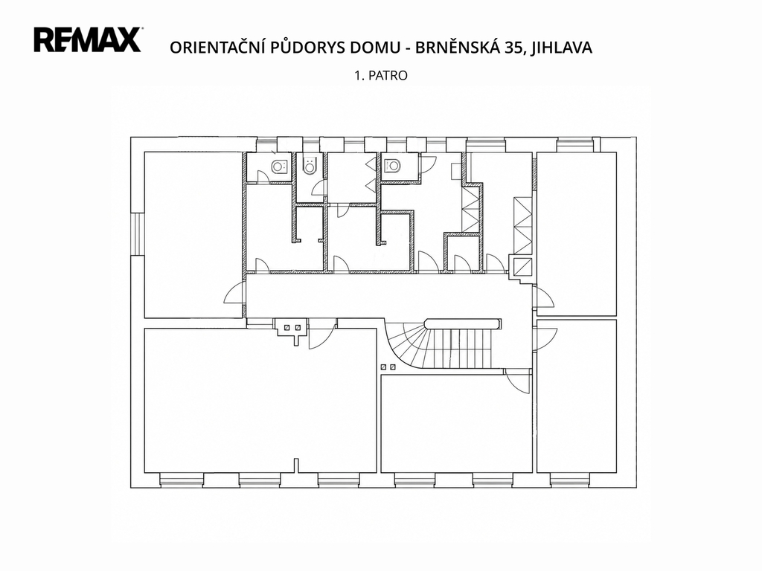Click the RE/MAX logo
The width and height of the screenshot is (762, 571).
pyautogui.click(x=88, y=40)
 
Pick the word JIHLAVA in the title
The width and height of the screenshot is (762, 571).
pyautogui.click(x=561, y=48)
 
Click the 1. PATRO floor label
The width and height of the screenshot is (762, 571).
pyautogui.click(x=381, y=76)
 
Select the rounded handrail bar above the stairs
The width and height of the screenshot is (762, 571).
pyautogui.click(x=463, y=324)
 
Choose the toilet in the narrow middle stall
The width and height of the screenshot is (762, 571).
pyautogui.click(x=309, y=166)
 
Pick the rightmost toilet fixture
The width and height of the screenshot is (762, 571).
pyautogui.click(x=391, y=166)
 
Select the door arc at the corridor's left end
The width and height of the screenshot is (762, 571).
pyautogui.click(x=234, y=294)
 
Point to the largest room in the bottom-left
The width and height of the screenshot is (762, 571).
pyautogui.click(x=260, y=400)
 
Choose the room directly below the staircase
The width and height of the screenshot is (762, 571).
pyautogui.click(x=456, y=423)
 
